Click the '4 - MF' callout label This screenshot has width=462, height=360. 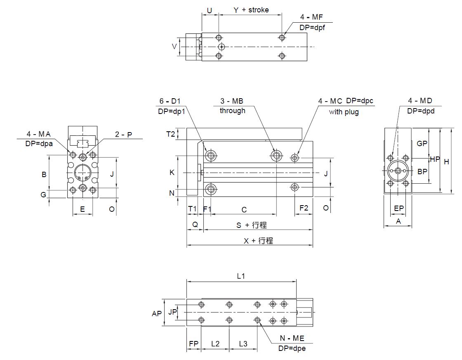pos(311,17)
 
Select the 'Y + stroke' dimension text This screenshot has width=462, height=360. pos(251,10)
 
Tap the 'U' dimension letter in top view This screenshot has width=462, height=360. pos(210,11)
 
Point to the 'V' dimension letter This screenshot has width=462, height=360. pos(174,47)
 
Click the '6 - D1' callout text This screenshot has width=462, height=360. pos(170,101)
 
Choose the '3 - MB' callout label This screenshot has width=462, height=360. pos(232,101)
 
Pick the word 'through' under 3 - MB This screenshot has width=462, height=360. pos(233,111)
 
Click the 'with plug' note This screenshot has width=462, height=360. pos(344,112)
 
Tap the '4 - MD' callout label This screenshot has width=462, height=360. pos(420,101)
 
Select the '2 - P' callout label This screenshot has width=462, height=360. pos(123,135)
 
